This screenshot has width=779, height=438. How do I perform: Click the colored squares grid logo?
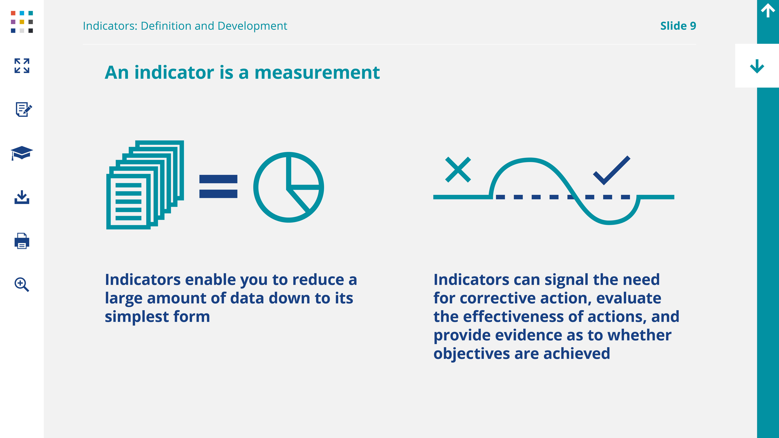pos(22,22)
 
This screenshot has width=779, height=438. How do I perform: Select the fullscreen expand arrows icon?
pos(22,66)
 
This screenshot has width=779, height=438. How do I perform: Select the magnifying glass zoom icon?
pos(22,284)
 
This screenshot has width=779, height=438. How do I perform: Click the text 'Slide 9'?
pos(678,26)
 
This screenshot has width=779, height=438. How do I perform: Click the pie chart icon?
pos(289,187)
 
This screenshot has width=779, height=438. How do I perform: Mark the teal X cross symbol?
pos(458,170)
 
